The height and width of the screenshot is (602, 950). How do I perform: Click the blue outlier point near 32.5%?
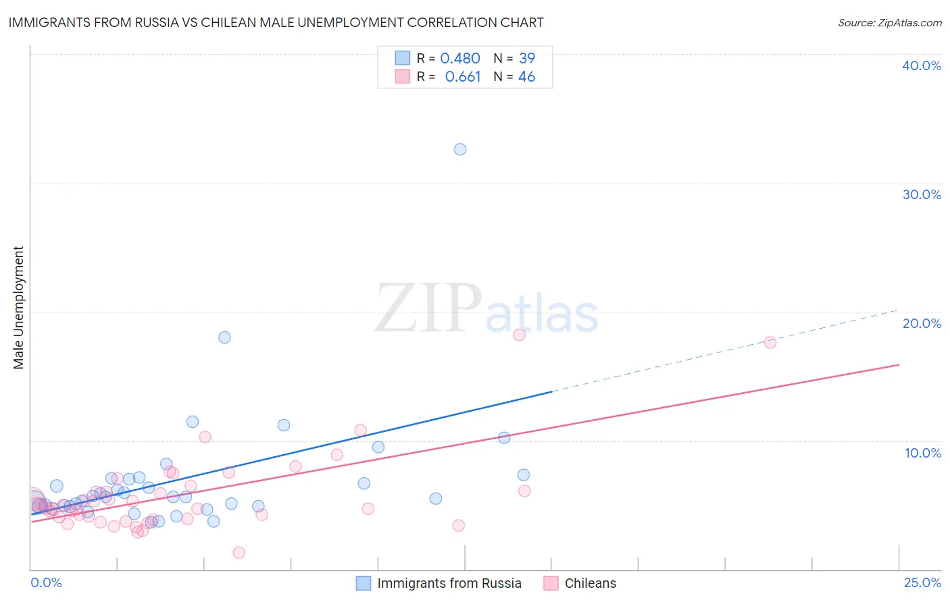coord(460,149)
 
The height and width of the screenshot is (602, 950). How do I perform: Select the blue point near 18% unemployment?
coord(224,337)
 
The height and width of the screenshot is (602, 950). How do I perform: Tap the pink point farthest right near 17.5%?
coord(770,342)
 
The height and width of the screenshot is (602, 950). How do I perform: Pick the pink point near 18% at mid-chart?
coord(519,335)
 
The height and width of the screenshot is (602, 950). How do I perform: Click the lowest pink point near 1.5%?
coord(239,553)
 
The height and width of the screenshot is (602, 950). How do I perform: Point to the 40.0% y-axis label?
coord(921,65)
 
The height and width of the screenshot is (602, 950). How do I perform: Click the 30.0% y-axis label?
coord(921,194)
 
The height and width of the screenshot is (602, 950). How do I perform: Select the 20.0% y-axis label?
coord(921,323)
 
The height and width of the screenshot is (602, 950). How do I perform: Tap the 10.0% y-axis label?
coord(922,453)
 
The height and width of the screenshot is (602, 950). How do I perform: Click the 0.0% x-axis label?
coord(47,582)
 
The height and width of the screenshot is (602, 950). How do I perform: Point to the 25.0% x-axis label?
coord(922,582)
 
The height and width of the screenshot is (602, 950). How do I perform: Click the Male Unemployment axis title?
coord(19,308)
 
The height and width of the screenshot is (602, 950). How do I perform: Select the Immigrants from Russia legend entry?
coord(449,583)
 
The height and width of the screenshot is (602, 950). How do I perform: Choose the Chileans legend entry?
coord(590,583)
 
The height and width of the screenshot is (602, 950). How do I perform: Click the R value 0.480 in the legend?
coord(460,59)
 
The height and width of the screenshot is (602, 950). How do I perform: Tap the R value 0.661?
coord(462,77)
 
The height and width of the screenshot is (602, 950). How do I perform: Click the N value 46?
coord(526,77)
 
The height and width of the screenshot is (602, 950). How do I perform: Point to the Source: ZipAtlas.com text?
coord(889,23)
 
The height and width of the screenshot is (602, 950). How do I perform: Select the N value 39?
coord(526,59)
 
